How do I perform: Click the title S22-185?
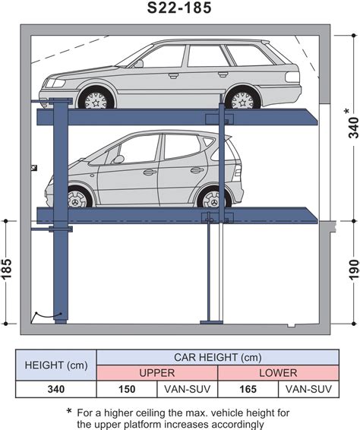[x=179, y=8]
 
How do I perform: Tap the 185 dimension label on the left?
[x=7, y=268]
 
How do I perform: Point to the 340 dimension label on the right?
[x=353, y=128]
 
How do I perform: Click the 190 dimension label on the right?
[x=354, y=269]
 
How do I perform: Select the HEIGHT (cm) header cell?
[x=56, y=365]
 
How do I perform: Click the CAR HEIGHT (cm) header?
[x=218, y=357]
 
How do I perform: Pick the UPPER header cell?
[x=157, y=373]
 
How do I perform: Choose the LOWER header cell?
[x=278, y=373]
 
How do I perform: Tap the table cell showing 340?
[x=56, y=389]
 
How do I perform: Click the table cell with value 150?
[x=127, y=389]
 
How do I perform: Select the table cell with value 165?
[x=248, y=389]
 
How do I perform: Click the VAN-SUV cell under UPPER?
[x=188, y=389]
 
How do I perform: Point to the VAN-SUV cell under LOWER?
[x=308, y=389]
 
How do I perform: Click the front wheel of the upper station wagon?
[x=96, y=99]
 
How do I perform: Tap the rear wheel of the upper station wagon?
[x=242, y=99]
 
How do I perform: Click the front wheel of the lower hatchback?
[x=77, y=198]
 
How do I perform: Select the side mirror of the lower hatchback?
[x=118, y=159]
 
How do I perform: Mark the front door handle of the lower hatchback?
[x=150, y=172]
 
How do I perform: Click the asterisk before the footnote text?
[x=69, y=411]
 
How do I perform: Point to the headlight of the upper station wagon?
[x=55, y=83]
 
